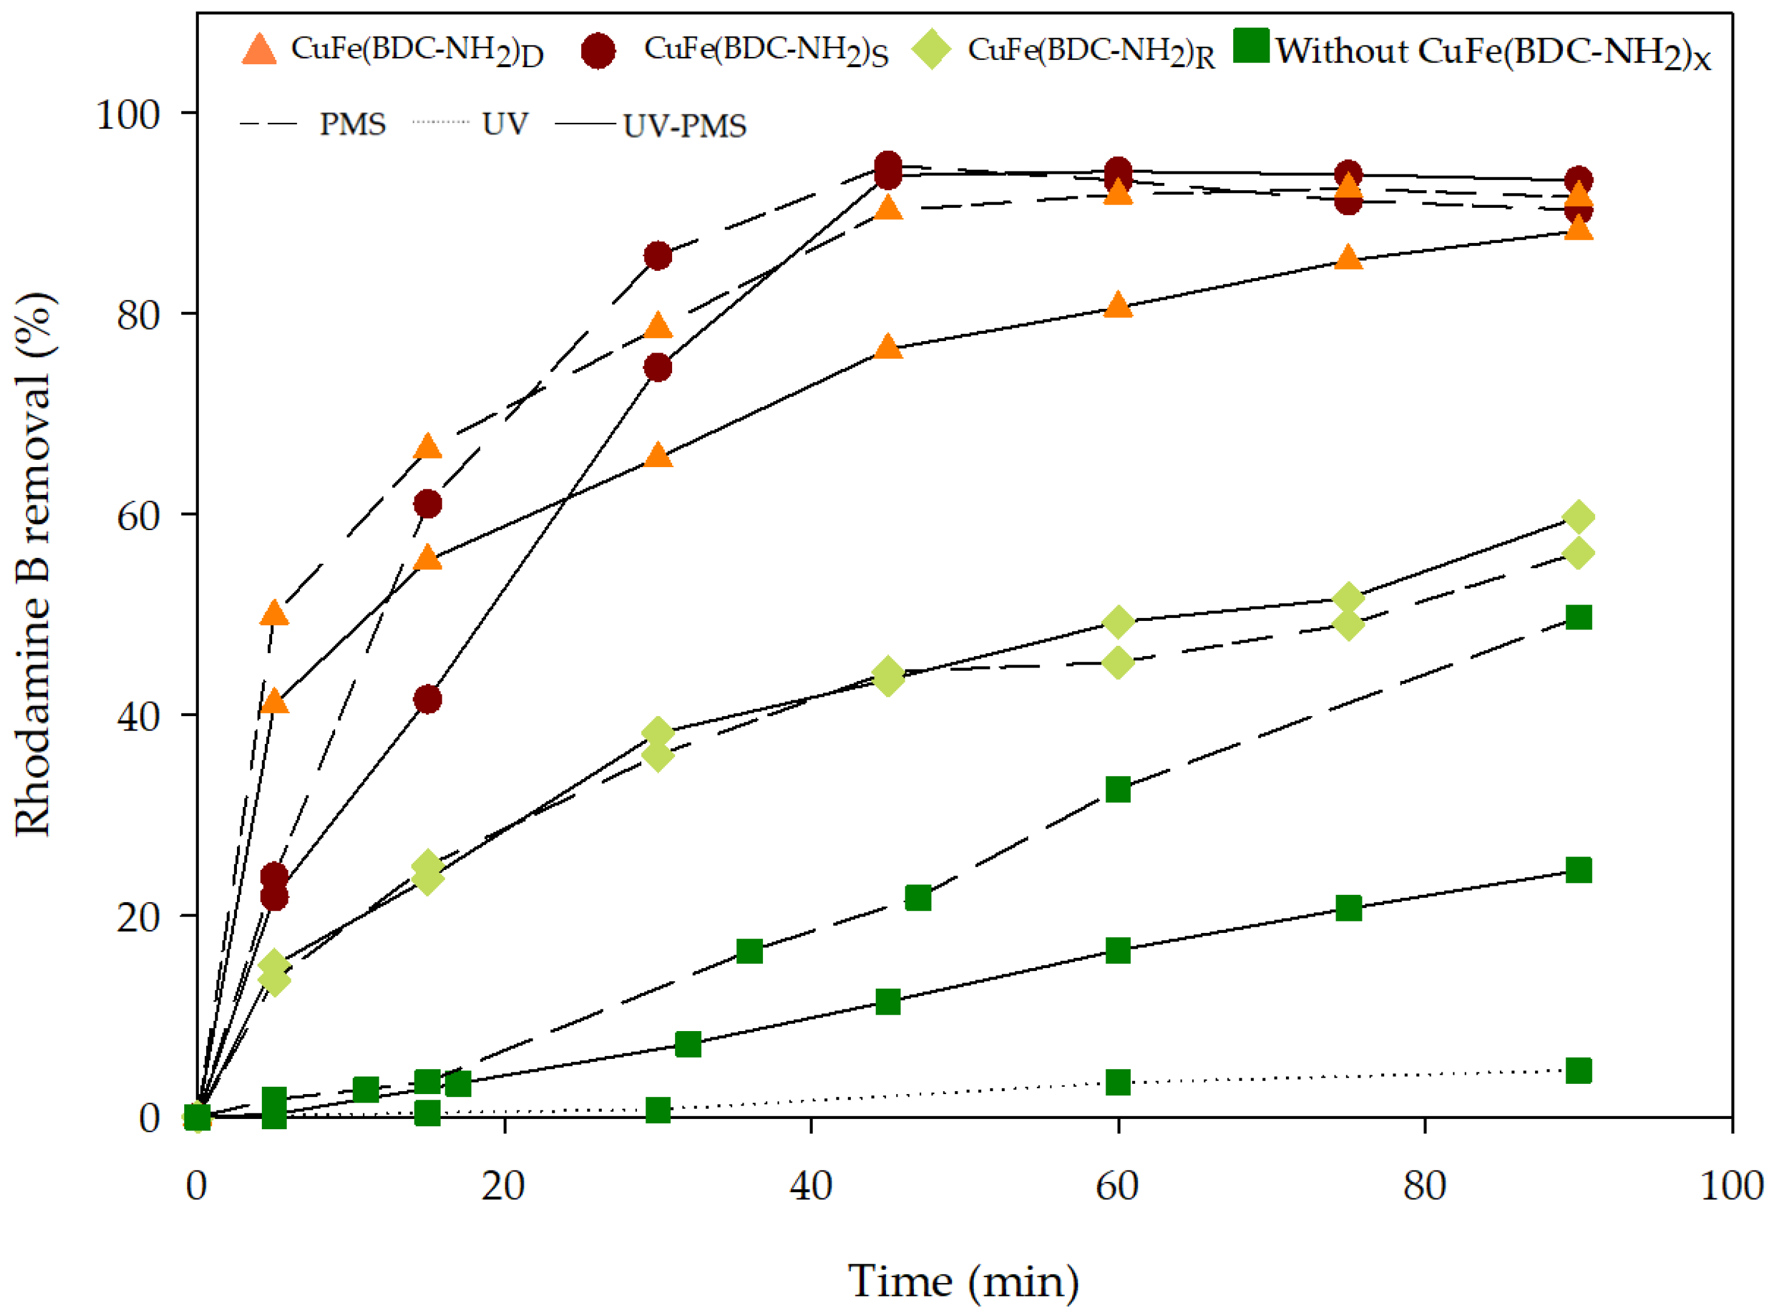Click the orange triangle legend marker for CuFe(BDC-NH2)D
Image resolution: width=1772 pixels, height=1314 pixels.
click(259, 49)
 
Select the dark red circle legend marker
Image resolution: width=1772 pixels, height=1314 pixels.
click(598, 51)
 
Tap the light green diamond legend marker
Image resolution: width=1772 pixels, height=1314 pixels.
click(930, 51)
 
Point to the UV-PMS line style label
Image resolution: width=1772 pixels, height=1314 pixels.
click(684, 125)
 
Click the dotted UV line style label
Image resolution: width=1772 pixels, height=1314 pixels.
click(504, 124)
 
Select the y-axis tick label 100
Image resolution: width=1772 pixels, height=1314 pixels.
click(127, 114)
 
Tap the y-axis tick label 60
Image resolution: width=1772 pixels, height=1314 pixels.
click(138, 516)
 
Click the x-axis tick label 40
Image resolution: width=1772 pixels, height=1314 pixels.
click(811, 1187)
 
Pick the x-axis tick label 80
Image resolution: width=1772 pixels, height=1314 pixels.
click(1424, 1187)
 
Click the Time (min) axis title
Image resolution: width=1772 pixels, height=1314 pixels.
click(964, 1281)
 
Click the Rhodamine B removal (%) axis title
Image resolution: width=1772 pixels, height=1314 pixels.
click(33, 565)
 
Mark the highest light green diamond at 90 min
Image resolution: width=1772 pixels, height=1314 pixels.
click(1578, 517)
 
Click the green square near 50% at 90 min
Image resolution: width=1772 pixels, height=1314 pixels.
click(1578, 617)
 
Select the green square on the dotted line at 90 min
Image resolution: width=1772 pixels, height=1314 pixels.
click(1578, 1070)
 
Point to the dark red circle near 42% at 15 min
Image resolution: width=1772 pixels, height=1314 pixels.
click(427, 700)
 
